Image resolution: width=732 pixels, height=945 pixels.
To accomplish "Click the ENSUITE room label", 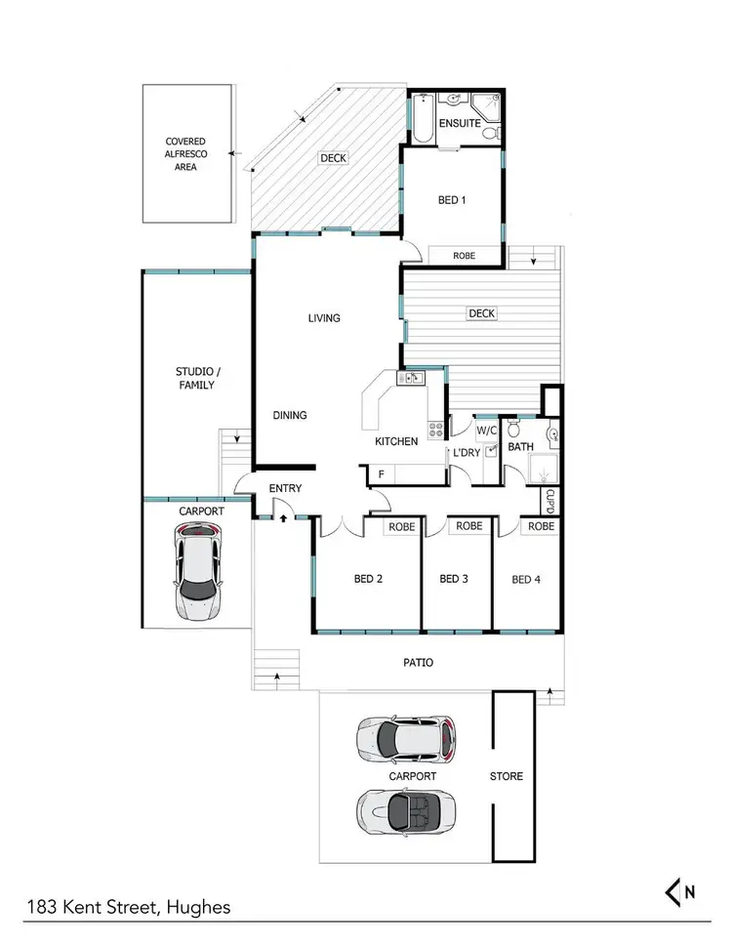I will pos(459,124).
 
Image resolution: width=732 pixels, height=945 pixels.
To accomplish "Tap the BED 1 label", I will pos(452,200).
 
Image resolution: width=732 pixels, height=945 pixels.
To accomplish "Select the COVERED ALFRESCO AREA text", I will pos(187,154).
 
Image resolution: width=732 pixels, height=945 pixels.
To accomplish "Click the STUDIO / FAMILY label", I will pos(195,378).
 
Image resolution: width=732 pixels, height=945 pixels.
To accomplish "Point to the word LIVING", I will pos(324,317).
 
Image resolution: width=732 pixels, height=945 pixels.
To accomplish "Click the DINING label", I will pos(290,415).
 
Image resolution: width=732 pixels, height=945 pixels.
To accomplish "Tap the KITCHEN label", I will pos(397,441).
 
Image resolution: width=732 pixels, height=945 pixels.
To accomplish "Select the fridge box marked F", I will pos(380,475).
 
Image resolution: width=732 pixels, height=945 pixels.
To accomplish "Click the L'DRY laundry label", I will pos(465,452).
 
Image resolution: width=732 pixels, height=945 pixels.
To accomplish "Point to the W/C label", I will pos(486,430).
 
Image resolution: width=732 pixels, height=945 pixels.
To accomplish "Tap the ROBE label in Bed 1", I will pos(465,255).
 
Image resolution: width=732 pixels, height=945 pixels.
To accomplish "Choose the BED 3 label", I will pos(454,579).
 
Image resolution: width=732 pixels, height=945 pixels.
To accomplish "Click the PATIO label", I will pos(419,663).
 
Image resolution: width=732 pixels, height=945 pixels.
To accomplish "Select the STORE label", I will pos(508,776).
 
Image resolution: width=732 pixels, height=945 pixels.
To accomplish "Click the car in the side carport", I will pos(198,570).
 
